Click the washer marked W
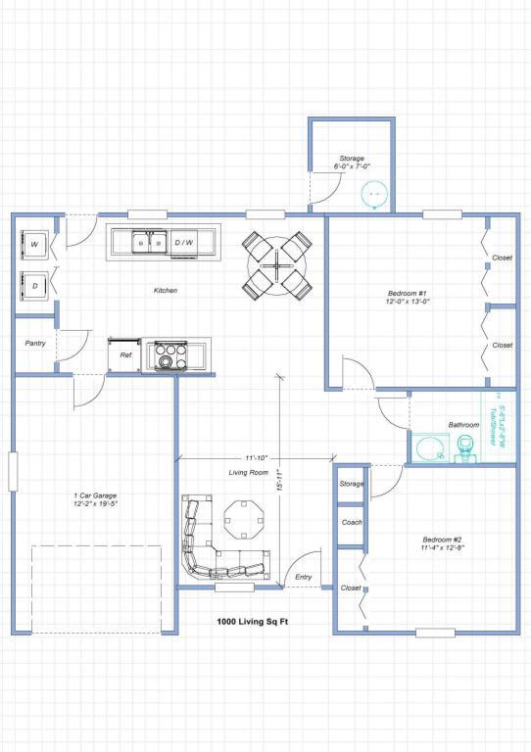(34, 244)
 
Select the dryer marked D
(34, 286)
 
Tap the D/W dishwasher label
(184, 242)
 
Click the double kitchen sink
(151, 242)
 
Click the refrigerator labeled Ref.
(125, 355)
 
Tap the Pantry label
(35, 344)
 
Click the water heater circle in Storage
(373, 195)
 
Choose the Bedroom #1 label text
(408, 297)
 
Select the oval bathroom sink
(429, 449)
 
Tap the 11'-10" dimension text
(257, 456)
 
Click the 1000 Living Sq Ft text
(252, 622)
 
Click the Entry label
(303, 577)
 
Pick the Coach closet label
(352, 522)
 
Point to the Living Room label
(249, 472)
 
